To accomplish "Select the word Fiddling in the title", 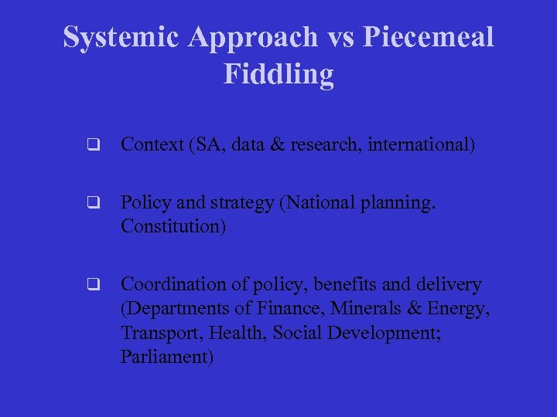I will tap(278, 74).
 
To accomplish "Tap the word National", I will tap(326, 203).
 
